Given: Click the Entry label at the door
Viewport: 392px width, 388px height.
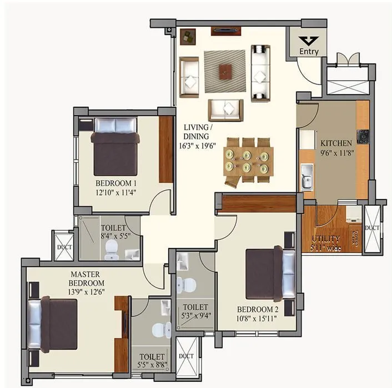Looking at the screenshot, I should coord(309,52).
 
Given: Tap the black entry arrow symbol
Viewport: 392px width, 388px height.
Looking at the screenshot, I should coord(309,41).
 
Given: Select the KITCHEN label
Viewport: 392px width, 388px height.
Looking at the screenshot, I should coord(333,143).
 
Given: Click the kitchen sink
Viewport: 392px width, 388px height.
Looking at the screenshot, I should coord(306,179).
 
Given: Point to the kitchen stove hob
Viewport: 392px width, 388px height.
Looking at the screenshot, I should coord(363,135).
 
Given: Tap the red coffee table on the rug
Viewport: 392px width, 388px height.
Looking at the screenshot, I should coord(225,71).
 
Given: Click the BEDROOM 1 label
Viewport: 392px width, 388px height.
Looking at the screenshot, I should coord(115,183).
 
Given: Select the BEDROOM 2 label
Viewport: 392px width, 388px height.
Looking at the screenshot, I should coord(257,310).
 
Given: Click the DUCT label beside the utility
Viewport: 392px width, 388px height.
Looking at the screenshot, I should coord(372,228).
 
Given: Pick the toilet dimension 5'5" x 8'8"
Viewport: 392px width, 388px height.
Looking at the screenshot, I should coord(152,365).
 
